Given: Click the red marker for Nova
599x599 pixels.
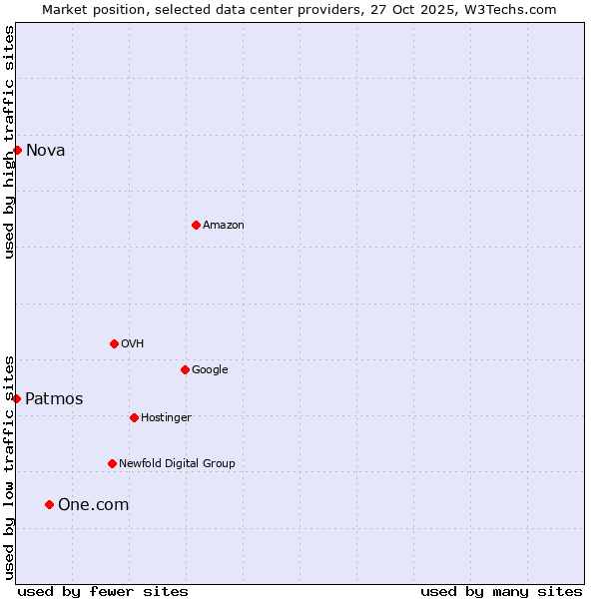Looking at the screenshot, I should click(17, 150).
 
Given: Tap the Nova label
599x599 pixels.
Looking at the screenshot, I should click(46, 151).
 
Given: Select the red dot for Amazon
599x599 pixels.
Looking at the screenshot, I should click(196, 225).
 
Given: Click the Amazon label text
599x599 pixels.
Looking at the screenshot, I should click(224, 226).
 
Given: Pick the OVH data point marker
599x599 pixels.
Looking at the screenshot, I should click(114, 343).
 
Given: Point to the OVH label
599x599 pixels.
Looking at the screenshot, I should click(133, 344).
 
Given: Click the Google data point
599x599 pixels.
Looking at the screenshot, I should click(185, 369).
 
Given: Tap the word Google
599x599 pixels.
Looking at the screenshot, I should click(210, 370).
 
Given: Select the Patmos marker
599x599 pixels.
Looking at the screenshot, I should click(16, 398).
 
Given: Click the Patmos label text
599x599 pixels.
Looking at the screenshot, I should click(54, 399).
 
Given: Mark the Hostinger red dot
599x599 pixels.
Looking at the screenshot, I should click(134, 417).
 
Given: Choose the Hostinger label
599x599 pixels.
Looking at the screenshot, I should click(166, 418).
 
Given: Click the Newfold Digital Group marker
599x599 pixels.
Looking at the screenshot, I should click(112, 463).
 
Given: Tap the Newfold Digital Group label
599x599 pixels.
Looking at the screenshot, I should click(177, 464).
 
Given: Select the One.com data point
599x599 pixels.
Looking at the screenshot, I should click(49, 504).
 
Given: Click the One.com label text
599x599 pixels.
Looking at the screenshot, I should click(93, 505).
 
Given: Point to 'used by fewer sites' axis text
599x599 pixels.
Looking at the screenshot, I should click(103, 592).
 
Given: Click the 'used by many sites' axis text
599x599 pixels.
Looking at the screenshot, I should click(501, 592).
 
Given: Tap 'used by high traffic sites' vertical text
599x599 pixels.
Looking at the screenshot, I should click(10, 142).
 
